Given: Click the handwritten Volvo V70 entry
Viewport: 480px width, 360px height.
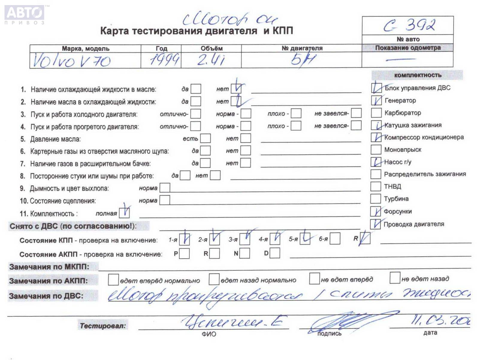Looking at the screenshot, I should point(71,61).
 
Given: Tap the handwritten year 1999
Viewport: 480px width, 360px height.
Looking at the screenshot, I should point(164,60).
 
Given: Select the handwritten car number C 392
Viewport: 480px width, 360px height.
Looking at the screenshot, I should point(409,25).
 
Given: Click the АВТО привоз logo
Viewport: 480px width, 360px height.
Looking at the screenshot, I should point(25,14).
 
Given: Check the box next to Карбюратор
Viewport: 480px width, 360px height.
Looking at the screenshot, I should point(376,113).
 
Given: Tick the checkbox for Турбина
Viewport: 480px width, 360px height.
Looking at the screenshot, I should point(375,199).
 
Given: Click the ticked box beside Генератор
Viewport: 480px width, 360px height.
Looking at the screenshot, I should point(376,100).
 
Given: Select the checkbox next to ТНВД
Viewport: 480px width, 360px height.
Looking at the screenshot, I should point(375,186).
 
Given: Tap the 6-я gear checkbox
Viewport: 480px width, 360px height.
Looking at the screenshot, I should point(335,239).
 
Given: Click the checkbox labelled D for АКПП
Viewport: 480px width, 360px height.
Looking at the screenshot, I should point(275,253).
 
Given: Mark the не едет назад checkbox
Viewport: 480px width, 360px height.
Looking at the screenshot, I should point(395,278).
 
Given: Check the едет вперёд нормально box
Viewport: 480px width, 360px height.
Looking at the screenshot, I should point(113,280).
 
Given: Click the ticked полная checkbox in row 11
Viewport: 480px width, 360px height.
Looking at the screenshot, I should point(124,213).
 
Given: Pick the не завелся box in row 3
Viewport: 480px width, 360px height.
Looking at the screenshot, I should point(356,113).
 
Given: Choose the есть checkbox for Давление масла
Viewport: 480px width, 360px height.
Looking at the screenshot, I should point(205,138).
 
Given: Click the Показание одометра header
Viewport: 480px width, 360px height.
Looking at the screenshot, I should point(408,48).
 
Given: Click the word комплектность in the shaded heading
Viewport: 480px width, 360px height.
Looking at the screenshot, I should point(418,75).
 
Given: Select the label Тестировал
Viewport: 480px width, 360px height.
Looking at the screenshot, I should point(103,326).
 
